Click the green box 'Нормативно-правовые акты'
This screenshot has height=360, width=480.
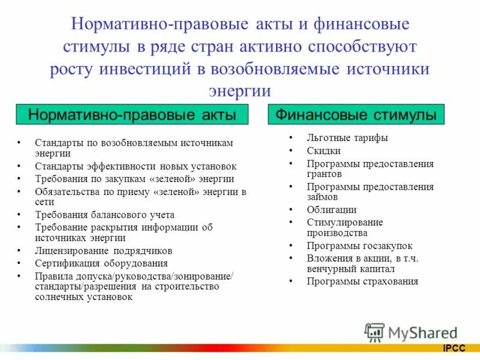[x=132, y=113]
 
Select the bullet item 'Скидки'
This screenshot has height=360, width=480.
[x=323, y=151]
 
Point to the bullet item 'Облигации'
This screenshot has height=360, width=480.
[x=331, y=209]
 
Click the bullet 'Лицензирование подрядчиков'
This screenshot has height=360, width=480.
[x=103, y=250]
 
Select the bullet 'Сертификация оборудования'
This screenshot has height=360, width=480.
[x=101, y=263]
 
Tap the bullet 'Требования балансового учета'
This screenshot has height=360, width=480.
[x=104, y=214]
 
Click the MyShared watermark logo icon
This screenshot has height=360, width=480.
[x=375, y=332]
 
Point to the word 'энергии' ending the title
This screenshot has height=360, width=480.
[x=239, y=90]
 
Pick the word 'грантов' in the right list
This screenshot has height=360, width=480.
[x=324, y=174]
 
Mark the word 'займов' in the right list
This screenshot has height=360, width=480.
[x=322, y=197]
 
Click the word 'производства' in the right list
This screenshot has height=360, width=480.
[x=337, y=233]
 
